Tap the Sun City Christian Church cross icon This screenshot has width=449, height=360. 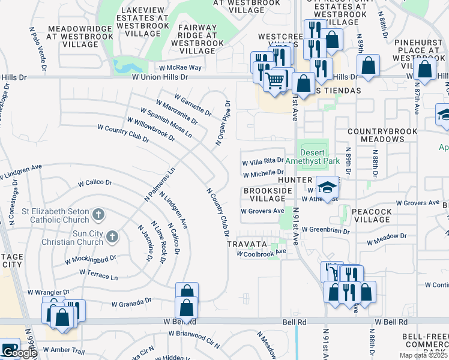pyautogui.click(x=111, y=238)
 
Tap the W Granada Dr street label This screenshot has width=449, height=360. pyautogui.click(x=132, y=302)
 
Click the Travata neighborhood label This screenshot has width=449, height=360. pyautogui.click(x=246, y=245)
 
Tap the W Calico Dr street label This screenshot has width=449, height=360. pyautogui.click(x=95, y=182)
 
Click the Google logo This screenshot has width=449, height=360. pyautogui.click(x=20, y=353)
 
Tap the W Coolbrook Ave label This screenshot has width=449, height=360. pyautogui.click(x=261, y=253)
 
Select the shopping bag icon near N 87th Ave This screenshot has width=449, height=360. pyautogui.click(x=425, y=69)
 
